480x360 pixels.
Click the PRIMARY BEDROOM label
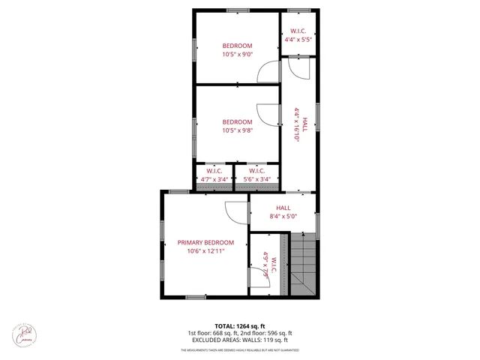point(205,242)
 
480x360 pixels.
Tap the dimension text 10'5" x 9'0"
point(237,55)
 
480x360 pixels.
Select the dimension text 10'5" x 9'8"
point(237,130)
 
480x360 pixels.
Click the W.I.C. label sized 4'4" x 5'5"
point(298,31)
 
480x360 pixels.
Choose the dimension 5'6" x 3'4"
point(256,179)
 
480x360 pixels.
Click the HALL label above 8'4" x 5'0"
point(283,208)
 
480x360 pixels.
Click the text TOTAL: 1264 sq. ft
point(239,326)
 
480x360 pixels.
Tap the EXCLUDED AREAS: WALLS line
point(239,340)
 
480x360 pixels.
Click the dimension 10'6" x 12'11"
point(205,251)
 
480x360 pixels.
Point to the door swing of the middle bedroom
point(268,114)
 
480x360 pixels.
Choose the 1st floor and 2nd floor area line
point(239,333)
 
